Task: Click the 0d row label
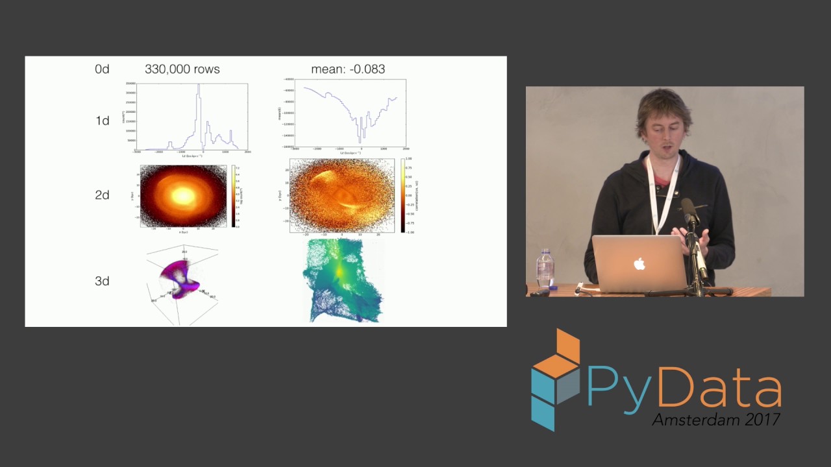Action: click(x=102, y=69)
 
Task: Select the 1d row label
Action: click(x=102, y=121)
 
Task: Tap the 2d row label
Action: click(x=102, y=195)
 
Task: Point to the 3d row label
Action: click(x=102, y=281)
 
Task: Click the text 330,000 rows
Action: click(x=182, y=69)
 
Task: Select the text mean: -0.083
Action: click(x=348, y=69)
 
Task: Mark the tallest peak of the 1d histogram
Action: click(x=199, y=88)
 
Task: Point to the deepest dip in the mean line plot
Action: click(x=360, y=141)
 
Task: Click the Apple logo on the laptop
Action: click(x=639, y=263)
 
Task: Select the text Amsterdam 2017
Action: click(x=715, y=419)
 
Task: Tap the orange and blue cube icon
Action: click(x=555, y=379)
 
